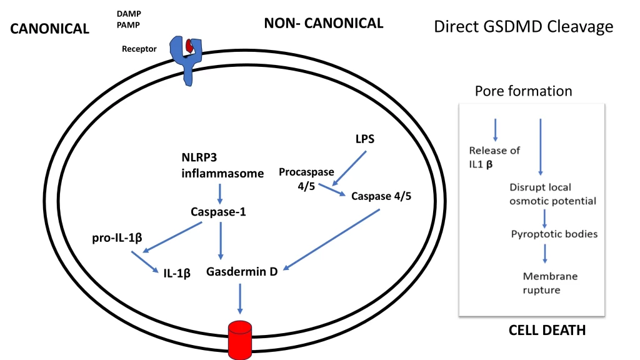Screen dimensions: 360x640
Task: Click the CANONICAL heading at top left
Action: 50,29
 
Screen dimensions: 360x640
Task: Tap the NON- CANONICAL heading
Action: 323,24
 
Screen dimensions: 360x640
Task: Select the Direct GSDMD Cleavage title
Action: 523,27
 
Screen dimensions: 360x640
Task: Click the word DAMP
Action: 128,14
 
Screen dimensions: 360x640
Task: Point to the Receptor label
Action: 139,49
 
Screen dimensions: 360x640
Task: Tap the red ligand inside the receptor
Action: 189,45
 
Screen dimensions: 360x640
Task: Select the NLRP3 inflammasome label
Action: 222,165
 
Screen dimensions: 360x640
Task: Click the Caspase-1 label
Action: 218,212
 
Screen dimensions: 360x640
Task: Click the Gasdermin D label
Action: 242,272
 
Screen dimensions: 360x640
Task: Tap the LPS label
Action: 365,139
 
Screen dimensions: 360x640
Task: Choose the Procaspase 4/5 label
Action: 306,179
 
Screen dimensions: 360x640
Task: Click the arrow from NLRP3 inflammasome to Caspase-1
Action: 219,192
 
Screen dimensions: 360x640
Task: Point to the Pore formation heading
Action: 523,91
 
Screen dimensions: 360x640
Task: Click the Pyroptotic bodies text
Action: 545,234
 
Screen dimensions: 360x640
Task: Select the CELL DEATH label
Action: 547,331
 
